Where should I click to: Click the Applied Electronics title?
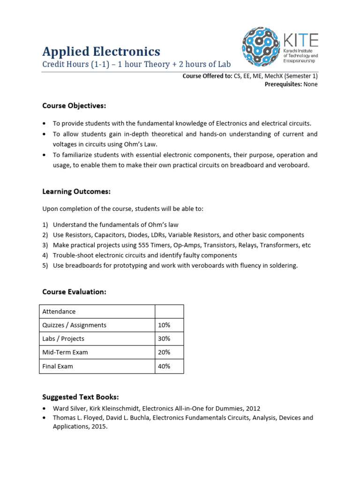tap(101, 51)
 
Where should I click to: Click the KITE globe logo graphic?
tap(261, 46)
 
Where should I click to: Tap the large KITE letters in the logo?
tap(301, 40)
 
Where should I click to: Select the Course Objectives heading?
tap(74, 105)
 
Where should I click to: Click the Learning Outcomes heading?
tap(76, 191)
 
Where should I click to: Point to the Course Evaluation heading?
tap(74, 292)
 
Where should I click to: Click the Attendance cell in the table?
tap(59, 311)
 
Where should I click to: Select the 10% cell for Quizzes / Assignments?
tap(165, 325)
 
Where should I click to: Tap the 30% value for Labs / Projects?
tap(165, 338)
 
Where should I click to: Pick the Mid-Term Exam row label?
tap(65, 352)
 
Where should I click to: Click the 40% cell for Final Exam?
tap(165, 366)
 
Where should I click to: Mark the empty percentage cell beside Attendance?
tap(169, 311)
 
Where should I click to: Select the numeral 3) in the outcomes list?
tap(45, 245)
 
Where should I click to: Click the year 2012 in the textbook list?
tap(252, 408)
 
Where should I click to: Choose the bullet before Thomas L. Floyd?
tap(45, 418)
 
